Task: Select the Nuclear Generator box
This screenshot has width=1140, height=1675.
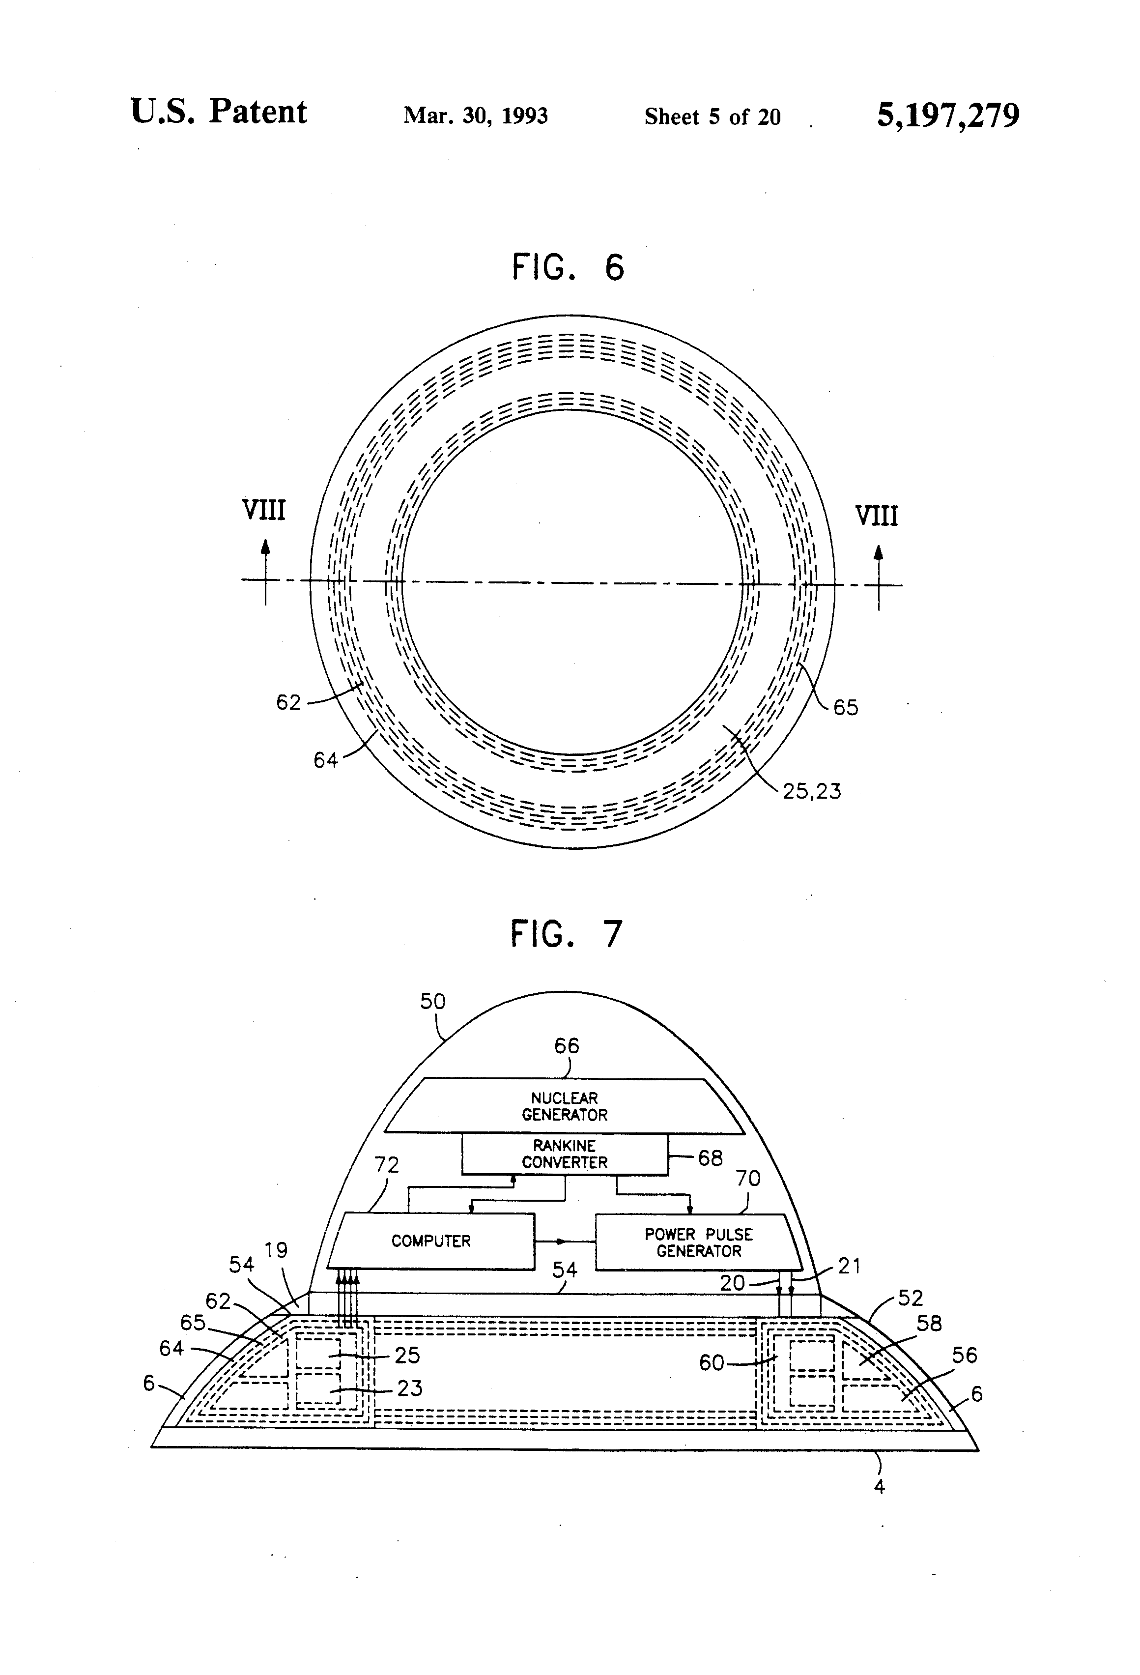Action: click(x=564, y=1106)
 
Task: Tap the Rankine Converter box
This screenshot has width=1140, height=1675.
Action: click(x=564, y=1154)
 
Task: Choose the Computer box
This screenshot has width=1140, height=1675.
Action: click(x=431, y=1241)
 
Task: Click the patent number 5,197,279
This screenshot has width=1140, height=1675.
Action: click(x=947, y=116)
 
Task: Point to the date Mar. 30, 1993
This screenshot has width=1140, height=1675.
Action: click(x=476, y=116)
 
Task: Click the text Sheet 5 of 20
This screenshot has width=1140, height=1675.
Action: click(x=712, y=117)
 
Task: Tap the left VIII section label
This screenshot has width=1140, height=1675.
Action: click(x=264, y=510)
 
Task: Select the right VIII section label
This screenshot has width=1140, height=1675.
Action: click(x=876, y=516)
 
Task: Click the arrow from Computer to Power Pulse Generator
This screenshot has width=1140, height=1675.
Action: click(x=564, y=1241)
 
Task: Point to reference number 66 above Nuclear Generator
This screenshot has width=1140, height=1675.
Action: click(x=567, y=1046)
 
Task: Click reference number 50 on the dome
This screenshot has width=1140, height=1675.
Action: click(x=432, y=1001)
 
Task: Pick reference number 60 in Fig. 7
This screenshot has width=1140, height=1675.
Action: click(x=711, y=1363)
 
